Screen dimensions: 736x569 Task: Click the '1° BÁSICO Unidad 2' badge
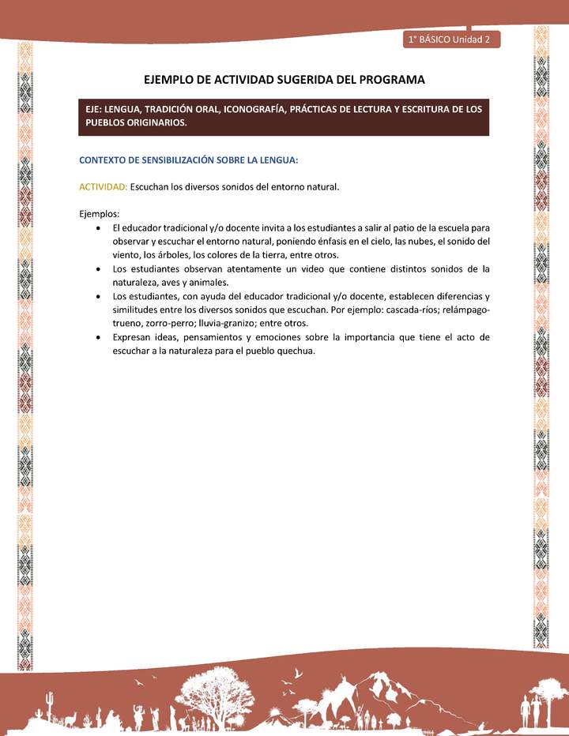point(450,39)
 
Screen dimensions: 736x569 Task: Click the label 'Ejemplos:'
point(99,213)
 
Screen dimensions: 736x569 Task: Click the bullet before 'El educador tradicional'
point(96,227)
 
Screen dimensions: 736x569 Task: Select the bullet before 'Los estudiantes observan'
point(96,269)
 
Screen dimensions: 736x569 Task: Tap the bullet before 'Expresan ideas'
point(96,338)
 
